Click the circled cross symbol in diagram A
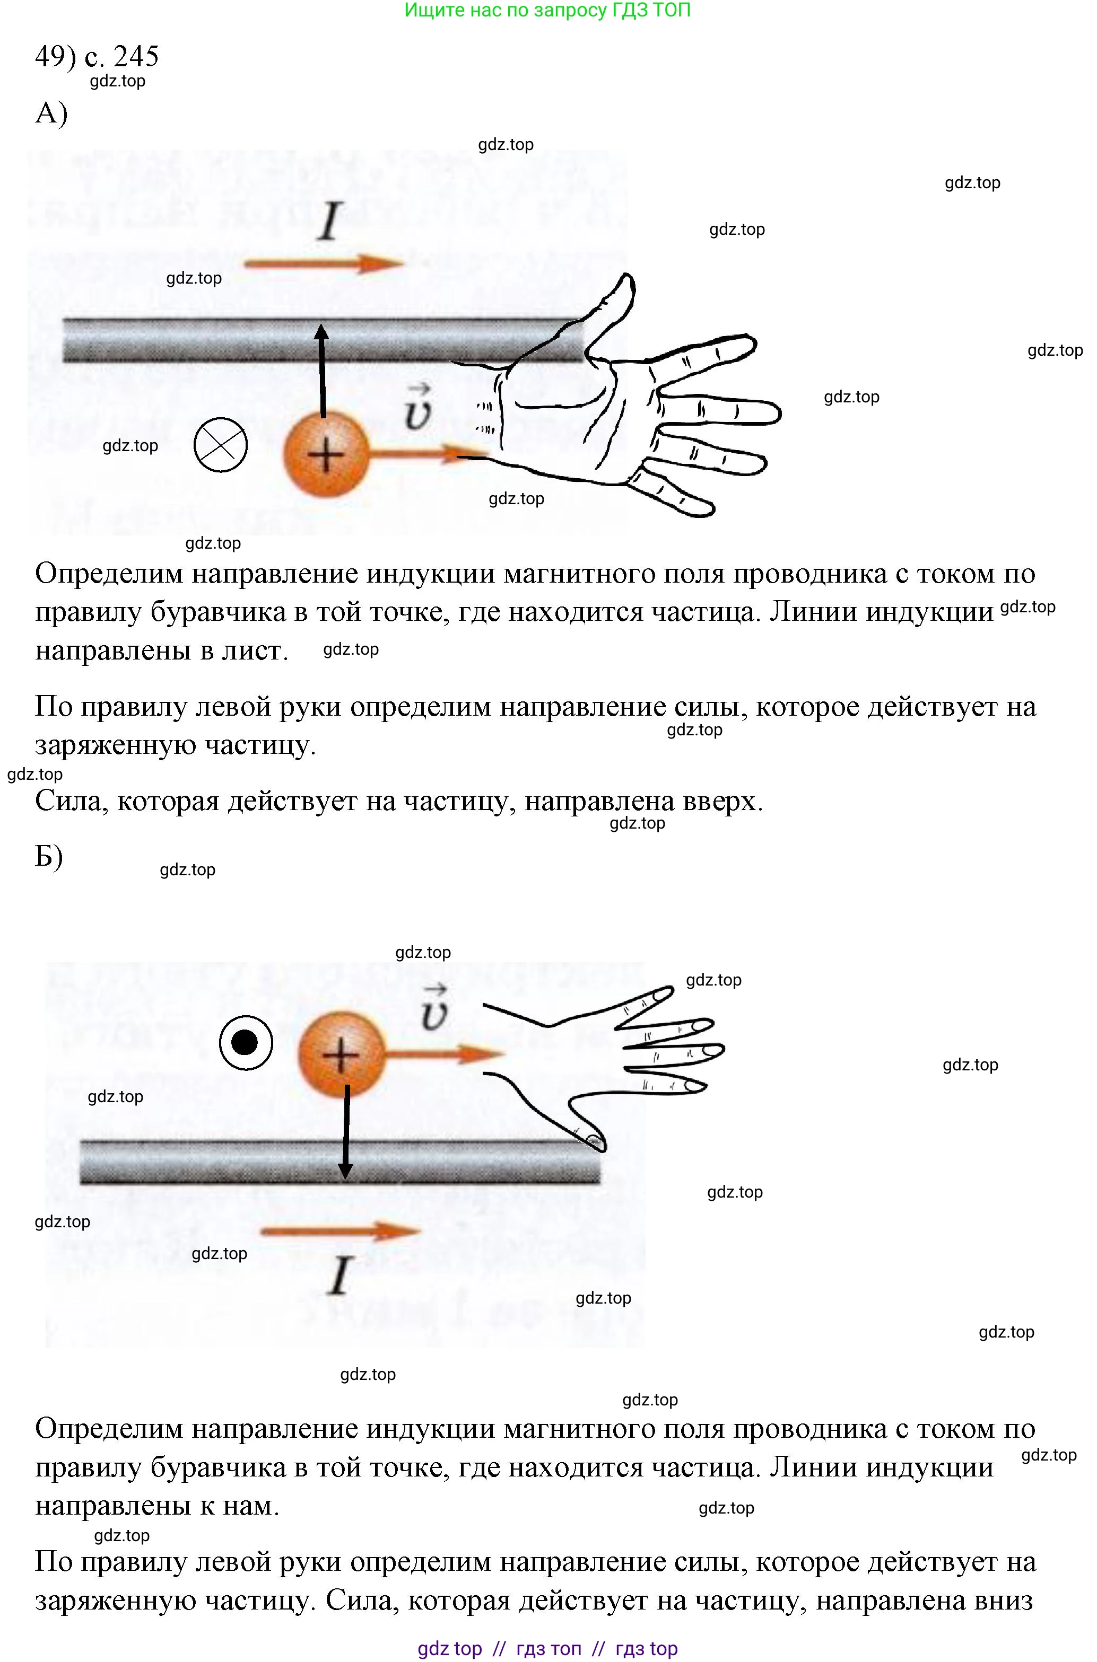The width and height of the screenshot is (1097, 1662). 220,445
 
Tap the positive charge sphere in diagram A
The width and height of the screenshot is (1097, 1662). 325,454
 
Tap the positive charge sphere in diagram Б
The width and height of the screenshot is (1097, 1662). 342,1054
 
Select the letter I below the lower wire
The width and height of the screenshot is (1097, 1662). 340,1276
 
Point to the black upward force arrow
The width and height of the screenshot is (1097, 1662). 322,371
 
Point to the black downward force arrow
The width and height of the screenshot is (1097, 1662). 346,1133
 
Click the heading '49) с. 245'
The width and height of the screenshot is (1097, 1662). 97,56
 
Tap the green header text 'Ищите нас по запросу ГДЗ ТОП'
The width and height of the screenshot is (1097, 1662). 548,11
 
